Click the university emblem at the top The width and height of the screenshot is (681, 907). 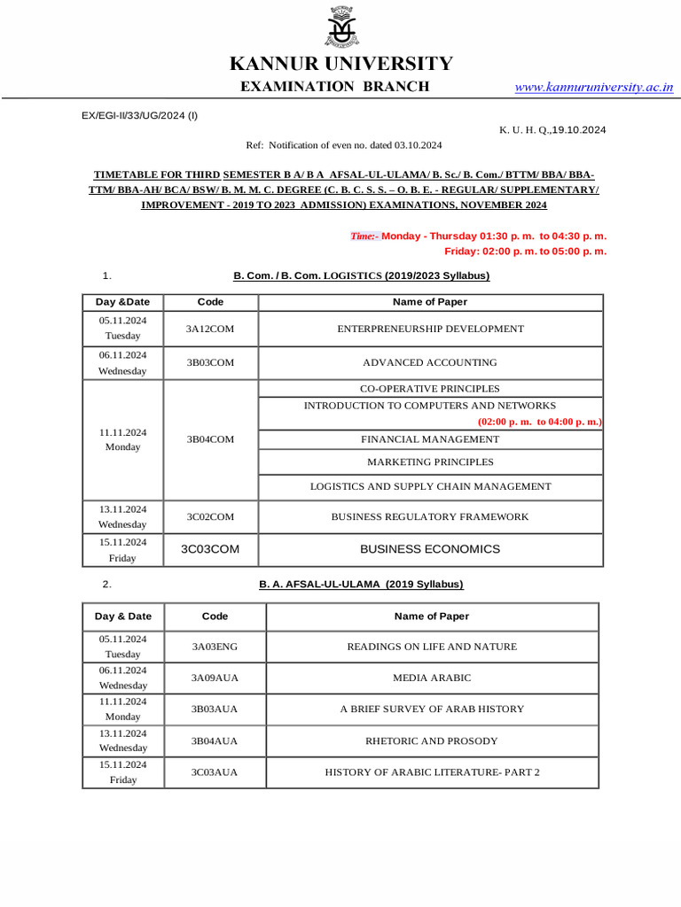tap(340, 25)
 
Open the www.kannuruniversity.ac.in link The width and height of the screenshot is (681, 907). tap(594, 87)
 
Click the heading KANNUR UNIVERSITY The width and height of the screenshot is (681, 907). tap(340, 64)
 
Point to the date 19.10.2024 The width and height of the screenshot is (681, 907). tap(579, 129)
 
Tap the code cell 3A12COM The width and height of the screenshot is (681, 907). tap(210, 329)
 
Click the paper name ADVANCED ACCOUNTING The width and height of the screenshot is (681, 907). tap(430, 362)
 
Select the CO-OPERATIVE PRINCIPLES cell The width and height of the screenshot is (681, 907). tap(430, 389)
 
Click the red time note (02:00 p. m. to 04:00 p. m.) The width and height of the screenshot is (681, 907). tap(539, 422)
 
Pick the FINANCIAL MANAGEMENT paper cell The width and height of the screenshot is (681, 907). tap(430, 439)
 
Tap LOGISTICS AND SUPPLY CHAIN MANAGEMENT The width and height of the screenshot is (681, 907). tap(430, 486)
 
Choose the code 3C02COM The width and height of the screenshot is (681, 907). tap(210, 516)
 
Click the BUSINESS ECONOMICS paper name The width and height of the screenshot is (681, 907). tap(430, 549)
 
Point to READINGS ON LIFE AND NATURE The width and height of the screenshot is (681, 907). tap(432, 647)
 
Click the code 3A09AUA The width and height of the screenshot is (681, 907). tap(215, 678)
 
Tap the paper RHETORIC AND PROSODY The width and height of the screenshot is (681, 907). tap(432, 740)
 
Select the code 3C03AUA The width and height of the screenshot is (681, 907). tap(215, 772)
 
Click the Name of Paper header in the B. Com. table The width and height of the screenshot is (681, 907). tap(430, 302)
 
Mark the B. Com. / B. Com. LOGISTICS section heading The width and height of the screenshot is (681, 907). tap(361, 275)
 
